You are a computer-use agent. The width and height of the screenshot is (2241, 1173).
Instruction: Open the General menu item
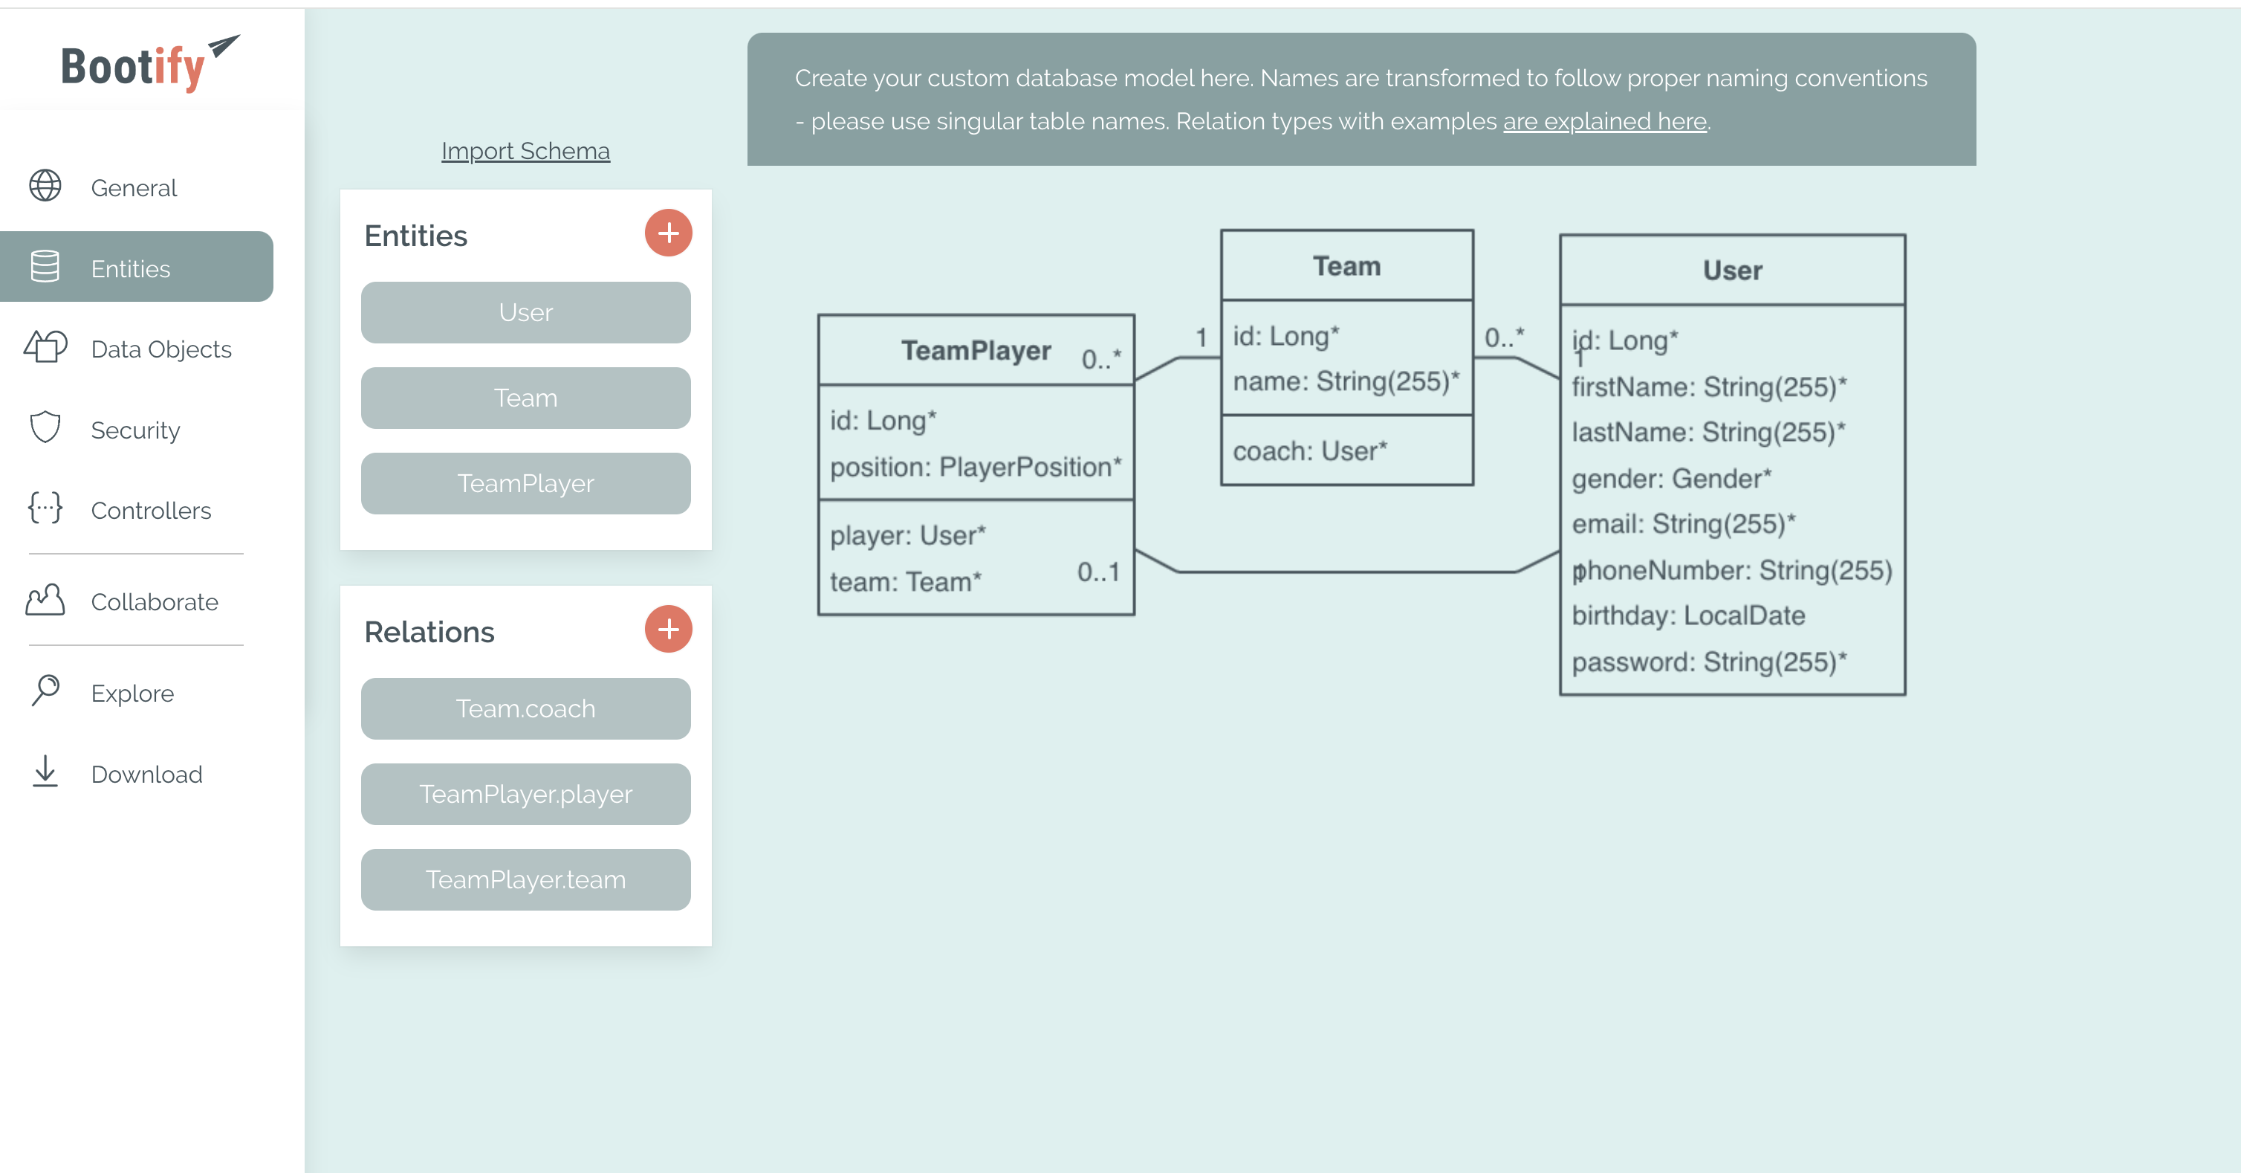click(133, 188)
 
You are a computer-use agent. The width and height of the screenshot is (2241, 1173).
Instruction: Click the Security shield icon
click(45, 428)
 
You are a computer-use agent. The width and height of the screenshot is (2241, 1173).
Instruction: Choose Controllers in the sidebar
click(151, 511)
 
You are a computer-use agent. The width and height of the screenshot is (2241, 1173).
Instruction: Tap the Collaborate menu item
click(154, 602)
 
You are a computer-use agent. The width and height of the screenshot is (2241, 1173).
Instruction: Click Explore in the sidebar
click(132, 694)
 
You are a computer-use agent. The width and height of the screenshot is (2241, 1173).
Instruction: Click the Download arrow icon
click(45, 772)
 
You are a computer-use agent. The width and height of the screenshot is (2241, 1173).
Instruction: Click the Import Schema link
click(525, 152)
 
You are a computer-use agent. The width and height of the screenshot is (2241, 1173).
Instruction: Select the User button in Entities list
click(525, 312)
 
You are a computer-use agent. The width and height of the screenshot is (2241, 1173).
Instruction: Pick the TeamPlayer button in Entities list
click(525, 483)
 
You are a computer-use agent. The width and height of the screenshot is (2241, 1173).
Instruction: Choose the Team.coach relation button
click(525, 708)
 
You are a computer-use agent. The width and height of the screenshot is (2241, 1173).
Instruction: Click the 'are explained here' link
click(1604, 121)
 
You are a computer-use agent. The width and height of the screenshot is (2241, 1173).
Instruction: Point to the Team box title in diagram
click(1346, 266)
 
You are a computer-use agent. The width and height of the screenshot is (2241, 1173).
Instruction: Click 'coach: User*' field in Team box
click(1309, 450)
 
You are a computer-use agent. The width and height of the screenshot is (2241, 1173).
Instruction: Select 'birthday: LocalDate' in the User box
click(1687, 615)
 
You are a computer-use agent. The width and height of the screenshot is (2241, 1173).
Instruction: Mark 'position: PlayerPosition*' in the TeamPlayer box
click(975, 468)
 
